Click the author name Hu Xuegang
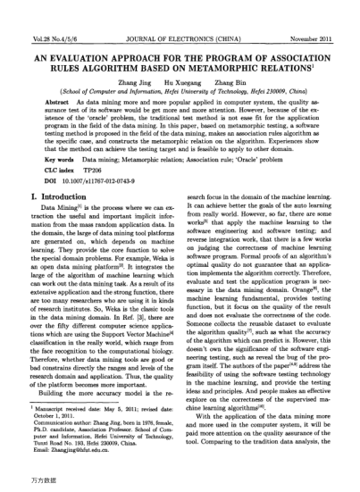coord(179,80)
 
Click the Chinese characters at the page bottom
coord(21,483)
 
